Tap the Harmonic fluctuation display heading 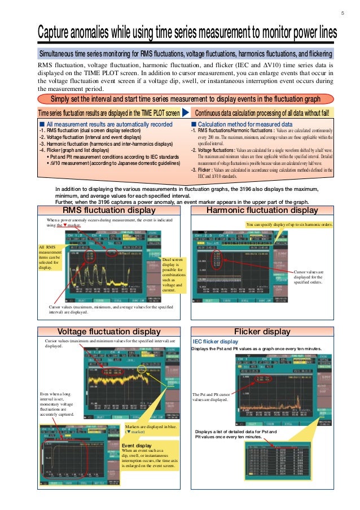click(262, 211)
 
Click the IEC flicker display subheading click(216, 342)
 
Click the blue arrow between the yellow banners click(186, 113)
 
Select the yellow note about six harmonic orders click(289, 225)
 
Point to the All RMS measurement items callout click(50, 258)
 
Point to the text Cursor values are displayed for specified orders click(308, 277)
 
